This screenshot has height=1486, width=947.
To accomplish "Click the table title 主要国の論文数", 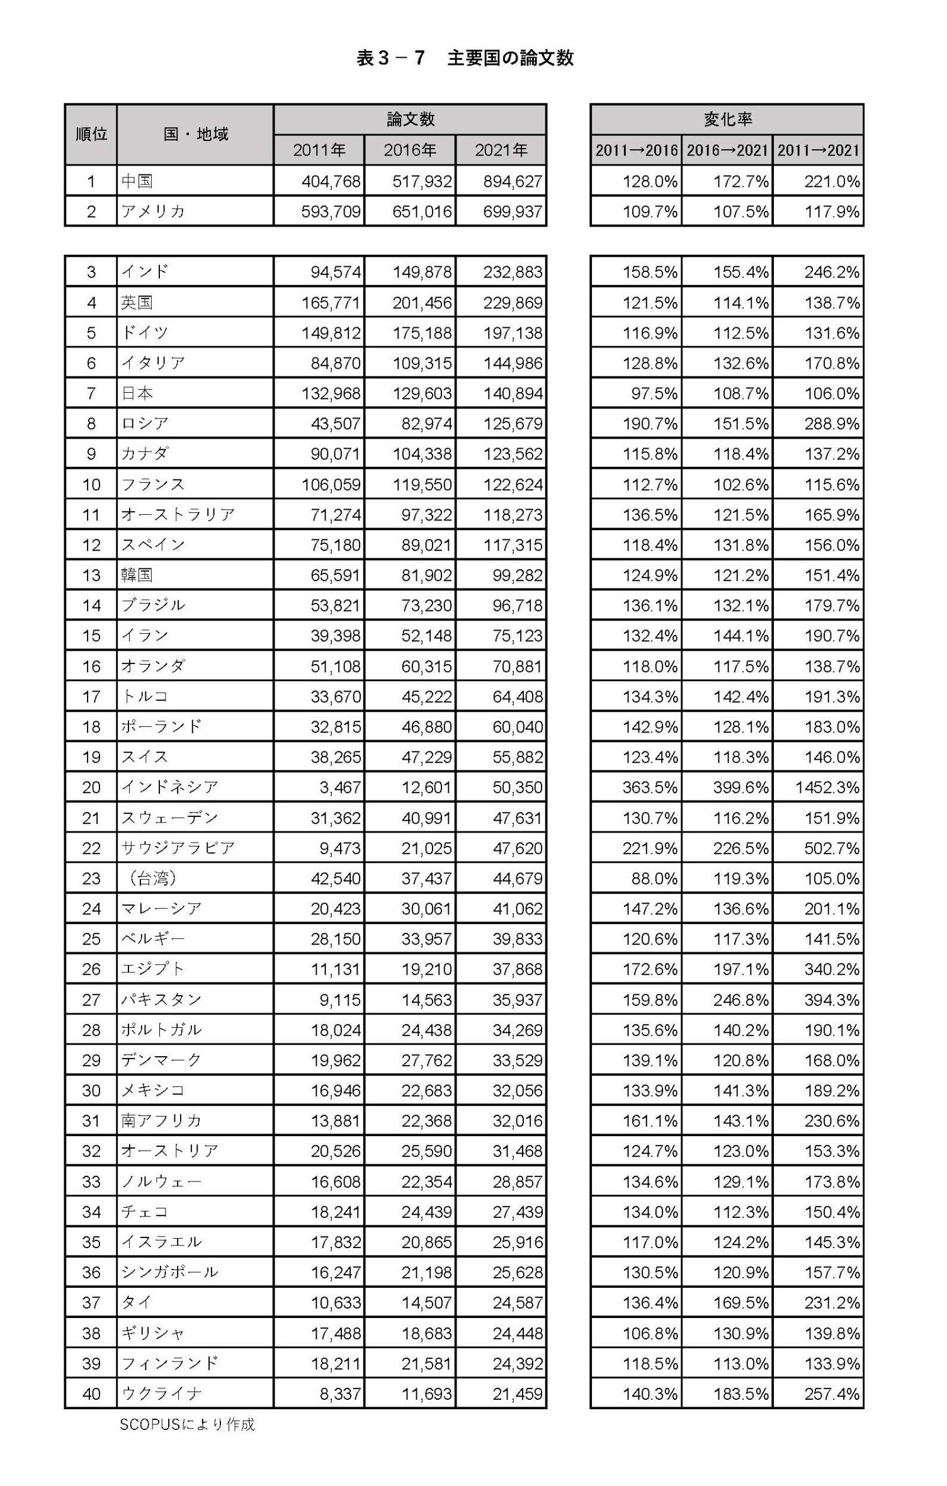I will point(465,59).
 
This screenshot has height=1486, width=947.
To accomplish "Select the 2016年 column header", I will point(410,150).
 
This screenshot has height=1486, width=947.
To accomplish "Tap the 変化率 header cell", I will point(727,119).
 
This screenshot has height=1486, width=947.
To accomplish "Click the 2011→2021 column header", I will point(818,150).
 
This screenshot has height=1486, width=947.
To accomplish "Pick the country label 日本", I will point(137,393).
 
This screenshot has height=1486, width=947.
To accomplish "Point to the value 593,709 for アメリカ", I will point(331,211).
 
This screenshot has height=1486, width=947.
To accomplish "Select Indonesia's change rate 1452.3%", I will point(827,787).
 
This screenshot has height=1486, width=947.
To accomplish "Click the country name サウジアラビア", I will point(178,848).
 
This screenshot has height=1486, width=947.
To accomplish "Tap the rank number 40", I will point(91,1393).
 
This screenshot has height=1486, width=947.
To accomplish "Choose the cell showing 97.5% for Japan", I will point(654,393).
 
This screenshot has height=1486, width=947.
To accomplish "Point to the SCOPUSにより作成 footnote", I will point(187,1425).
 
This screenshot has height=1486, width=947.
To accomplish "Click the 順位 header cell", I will point(91,134).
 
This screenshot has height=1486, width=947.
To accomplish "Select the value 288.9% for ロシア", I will point(831,424).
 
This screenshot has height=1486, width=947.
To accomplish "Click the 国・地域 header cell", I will point(195,134).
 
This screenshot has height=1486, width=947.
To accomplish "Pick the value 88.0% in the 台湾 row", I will point(654,878).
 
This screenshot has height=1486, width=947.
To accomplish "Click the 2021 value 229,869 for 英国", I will point(513,303).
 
